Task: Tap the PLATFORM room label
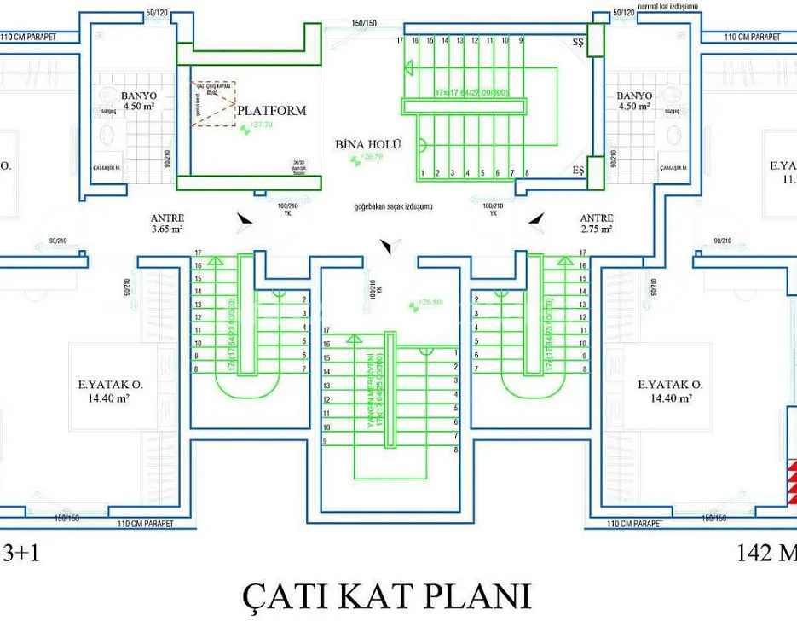click(271, 111)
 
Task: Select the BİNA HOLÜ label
click(367, 145)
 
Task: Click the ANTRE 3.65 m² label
click(167, 224)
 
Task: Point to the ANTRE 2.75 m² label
click(596, 224)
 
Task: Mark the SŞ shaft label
click(579, 44)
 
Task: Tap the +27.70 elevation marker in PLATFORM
click(255, 125)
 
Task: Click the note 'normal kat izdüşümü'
click(668, 6)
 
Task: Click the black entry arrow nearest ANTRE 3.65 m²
click(245, 220)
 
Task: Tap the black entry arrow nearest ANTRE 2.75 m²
click(536, 220)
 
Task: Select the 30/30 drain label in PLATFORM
click(298, 165)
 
